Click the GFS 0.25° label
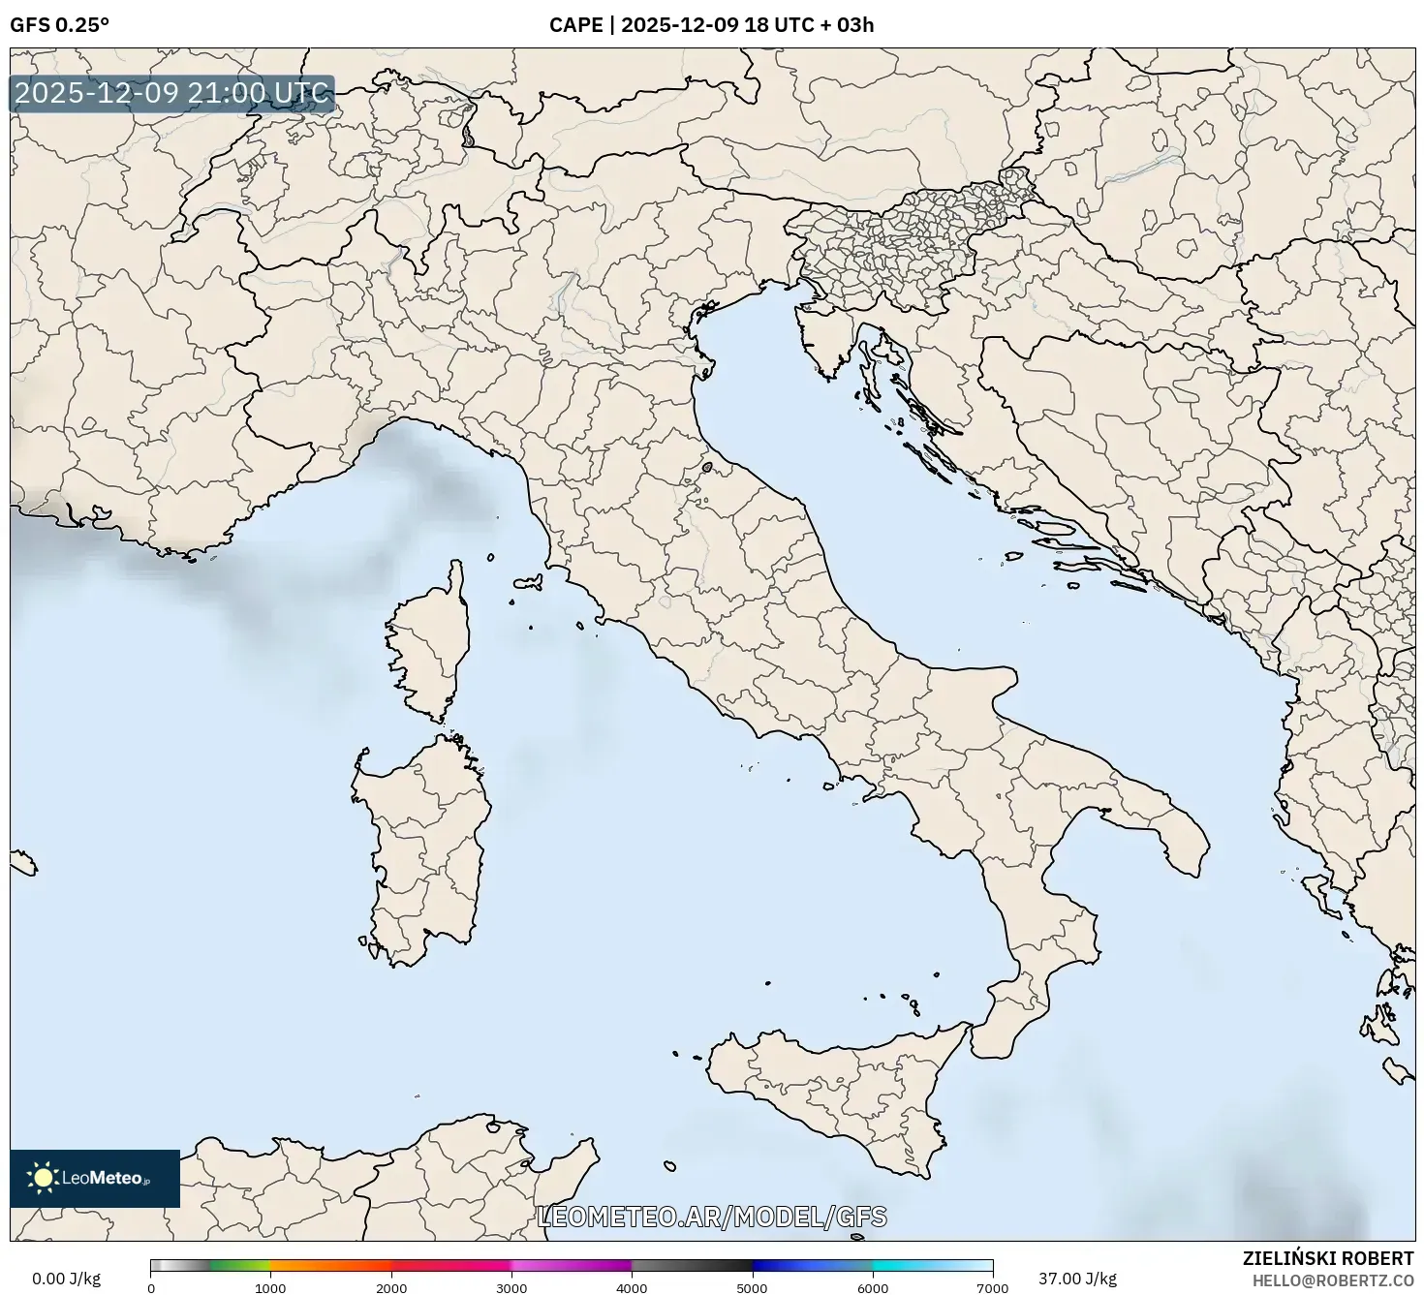pyautogui.click(x=59, y=25)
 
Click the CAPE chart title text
pyautogui.click(x=711, y=25)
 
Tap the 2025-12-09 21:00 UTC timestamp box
pyautogui.click(x=172, y=94)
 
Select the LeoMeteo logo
pyautogui.click(x=95, y=1178)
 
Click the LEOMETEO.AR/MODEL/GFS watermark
pyautogui.click(x=711, y=1217)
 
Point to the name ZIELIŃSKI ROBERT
pyautogui.click(x=1327, y=1258)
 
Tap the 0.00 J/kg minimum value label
pyautogui.click(x=66, y=1279)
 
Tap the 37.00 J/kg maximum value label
pyautogui.click(x=1077, y=1279)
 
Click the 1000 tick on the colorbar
pyautogui.click(x=270, y=1287)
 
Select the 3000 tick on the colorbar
pyautogui.click(x=511, y=1287)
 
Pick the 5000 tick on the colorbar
pyautogui.click(x=753, y=1287)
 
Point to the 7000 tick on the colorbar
pyautogui.click(x=993, y=1287)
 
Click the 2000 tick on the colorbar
pyautogui.click(x=391, y=1287)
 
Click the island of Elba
pyautogui.click(x=529, y=583)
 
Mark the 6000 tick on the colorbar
pyautogui.click(x=873, y=1287)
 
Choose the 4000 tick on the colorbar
pyautogui.click(x=632, y=1287)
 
